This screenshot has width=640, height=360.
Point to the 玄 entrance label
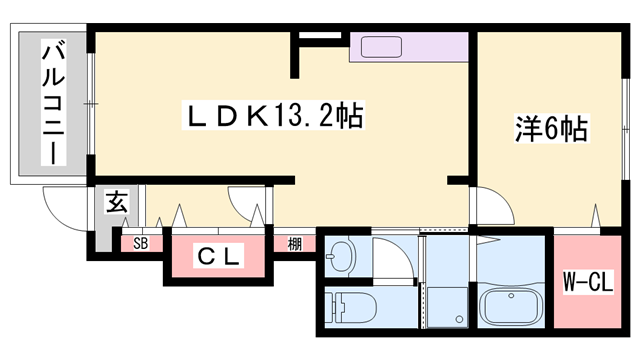tap(117, 201)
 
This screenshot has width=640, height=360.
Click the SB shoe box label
tap(140, 243)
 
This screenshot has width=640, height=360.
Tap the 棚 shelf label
tap(294, 243)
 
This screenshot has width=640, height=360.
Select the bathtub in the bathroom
tap(513, 304)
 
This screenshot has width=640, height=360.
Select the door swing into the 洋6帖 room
tap(491, 205)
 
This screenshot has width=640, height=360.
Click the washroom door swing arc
tap(392, 255)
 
